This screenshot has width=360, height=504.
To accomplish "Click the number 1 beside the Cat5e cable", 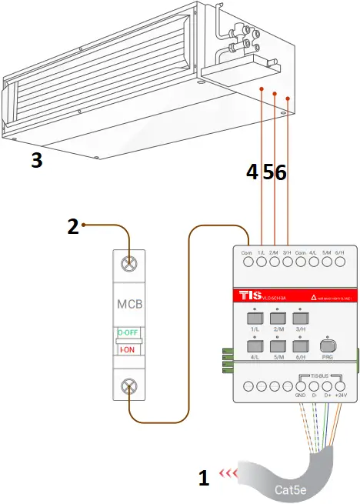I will pyautogui.click(x=204, y=479).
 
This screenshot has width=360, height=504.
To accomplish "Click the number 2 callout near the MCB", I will pyautogui.click(x=73, y=226).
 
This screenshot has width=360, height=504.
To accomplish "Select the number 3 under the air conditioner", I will pyautogui.click(x=36, y=160).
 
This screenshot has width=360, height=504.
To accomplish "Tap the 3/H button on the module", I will pyautogui.click(x=301, y=317).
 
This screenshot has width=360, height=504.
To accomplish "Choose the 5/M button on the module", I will pyautogui.click(x=278, y=346).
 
